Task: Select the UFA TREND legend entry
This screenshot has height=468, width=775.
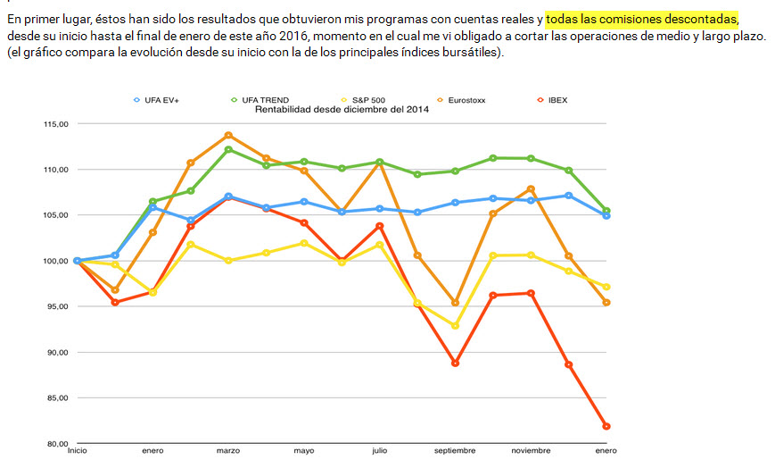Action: pos(265,100)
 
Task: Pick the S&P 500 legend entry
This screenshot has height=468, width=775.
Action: pos(367,100)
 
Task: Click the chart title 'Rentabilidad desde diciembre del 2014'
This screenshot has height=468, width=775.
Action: pos(342,110)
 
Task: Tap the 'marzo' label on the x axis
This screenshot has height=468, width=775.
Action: pos(228,451)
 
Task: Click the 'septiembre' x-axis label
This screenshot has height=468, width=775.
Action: pos(455,451)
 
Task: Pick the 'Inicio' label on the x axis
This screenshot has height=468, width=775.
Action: pos(78,451)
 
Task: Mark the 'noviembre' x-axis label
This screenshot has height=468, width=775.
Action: pos(531,451)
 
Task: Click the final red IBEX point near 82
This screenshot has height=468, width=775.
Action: pos(606,426)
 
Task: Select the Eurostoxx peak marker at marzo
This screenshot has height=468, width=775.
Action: pos(228,135)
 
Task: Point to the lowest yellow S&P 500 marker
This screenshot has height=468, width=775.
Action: pos(455,326)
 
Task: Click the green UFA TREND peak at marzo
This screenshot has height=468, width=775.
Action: pos(228,150)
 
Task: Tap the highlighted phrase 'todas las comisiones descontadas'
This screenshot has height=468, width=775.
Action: pos(641,19)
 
